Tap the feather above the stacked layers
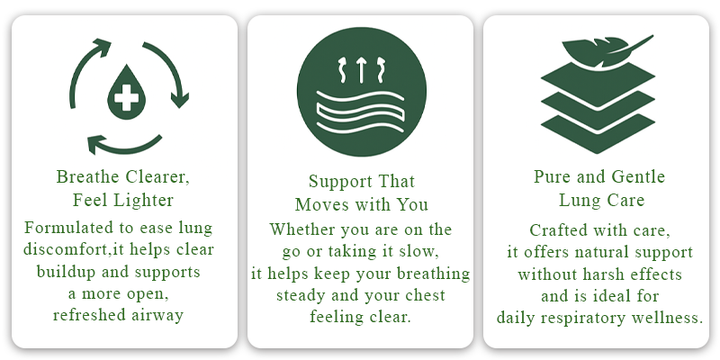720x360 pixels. pyautogui.click(x=607, y=49)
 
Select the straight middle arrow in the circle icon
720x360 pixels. pyautogui.click(x=362, y=70)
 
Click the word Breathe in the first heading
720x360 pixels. pyautogui.click(x=81, y=176)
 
